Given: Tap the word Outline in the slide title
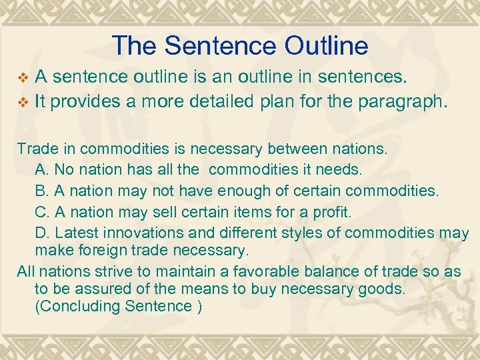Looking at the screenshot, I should (332, 45).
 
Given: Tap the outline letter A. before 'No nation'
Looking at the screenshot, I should (42, 169).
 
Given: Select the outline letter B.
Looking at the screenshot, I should (42, 191).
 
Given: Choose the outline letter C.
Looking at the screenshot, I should (42, 212).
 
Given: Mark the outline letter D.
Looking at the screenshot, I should (42, 233).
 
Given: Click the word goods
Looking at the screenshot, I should (387, 289).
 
